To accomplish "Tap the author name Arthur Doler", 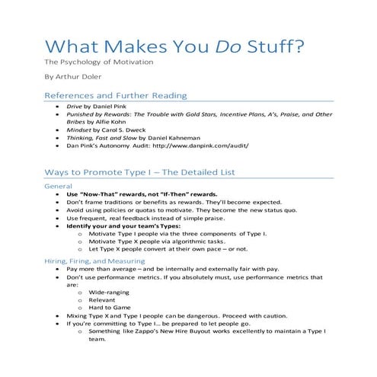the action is tap(78, 77).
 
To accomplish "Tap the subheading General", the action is tap(59, 186).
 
